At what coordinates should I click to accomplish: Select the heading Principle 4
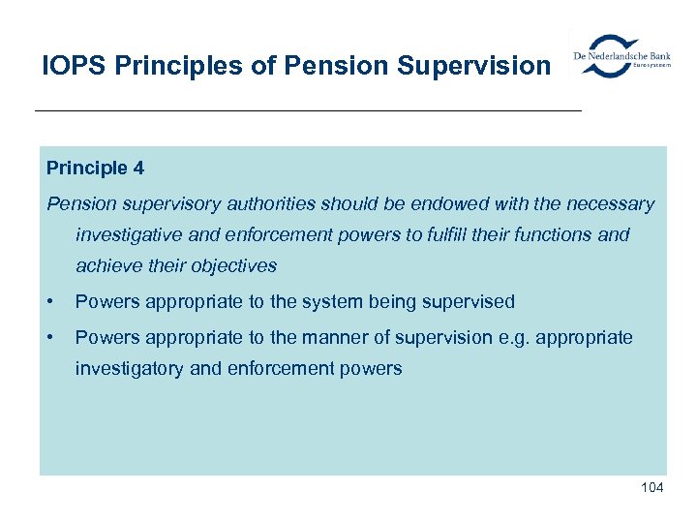click(95, 168)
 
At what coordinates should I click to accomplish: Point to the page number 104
click(652, 487)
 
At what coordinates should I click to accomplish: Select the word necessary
click(607, 204)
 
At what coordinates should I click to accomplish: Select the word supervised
click(469, 302)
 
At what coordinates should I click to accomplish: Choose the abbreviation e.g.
click(517, 338)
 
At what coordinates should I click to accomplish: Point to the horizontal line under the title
click(308, 111)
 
